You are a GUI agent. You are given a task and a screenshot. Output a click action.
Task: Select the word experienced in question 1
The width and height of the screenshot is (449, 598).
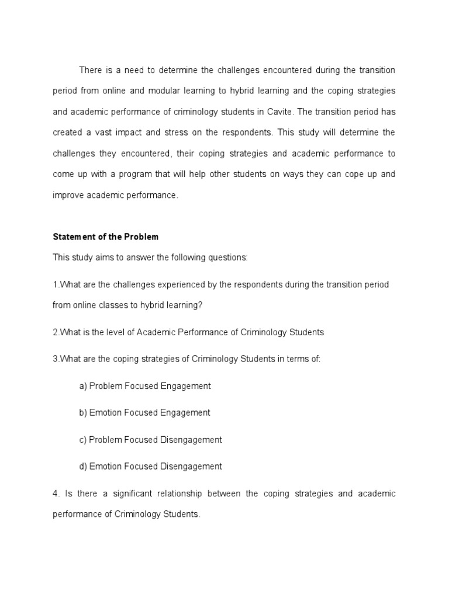point(181,284)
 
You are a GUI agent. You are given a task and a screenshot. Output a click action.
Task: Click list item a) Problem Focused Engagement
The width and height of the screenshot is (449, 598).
point(144,386)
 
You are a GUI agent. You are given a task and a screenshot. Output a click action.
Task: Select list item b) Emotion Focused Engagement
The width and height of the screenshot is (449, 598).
point(144,412)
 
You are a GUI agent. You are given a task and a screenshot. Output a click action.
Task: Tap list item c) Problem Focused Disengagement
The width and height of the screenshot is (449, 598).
point(150,439)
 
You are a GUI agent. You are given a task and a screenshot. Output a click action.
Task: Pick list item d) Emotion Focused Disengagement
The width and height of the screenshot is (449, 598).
point(150,466)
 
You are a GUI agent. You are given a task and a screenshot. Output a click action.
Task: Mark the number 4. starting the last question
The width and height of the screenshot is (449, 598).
point(56,493)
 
